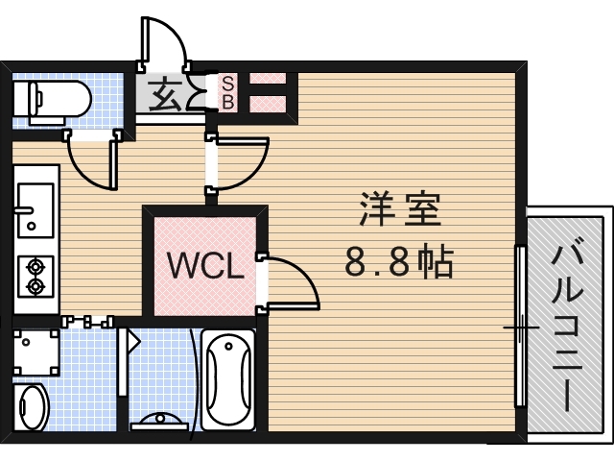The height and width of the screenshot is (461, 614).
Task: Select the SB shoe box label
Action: [228, 92]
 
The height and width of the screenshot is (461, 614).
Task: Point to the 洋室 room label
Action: [400, 210]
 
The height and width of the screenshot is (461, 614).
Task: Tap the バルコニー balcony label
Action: [566, 327]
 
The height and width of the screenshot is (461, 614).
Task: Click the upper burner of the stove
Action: [36, 264]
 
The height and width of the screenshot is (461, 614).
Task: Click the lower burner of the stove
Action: [36, 286]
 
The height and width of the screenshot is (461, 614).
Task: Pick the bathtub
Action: [227, 379]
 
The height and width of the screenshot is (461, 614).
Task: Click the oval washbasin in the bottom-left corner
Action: [33, 407]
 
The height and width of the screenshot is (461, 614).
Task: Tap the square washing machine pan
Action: [35, 352]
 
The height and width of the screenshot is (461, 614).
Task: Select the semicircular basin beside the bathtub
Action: [160, 421]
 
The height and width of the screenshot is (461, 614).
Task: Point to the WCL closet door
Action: [288, 283]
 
